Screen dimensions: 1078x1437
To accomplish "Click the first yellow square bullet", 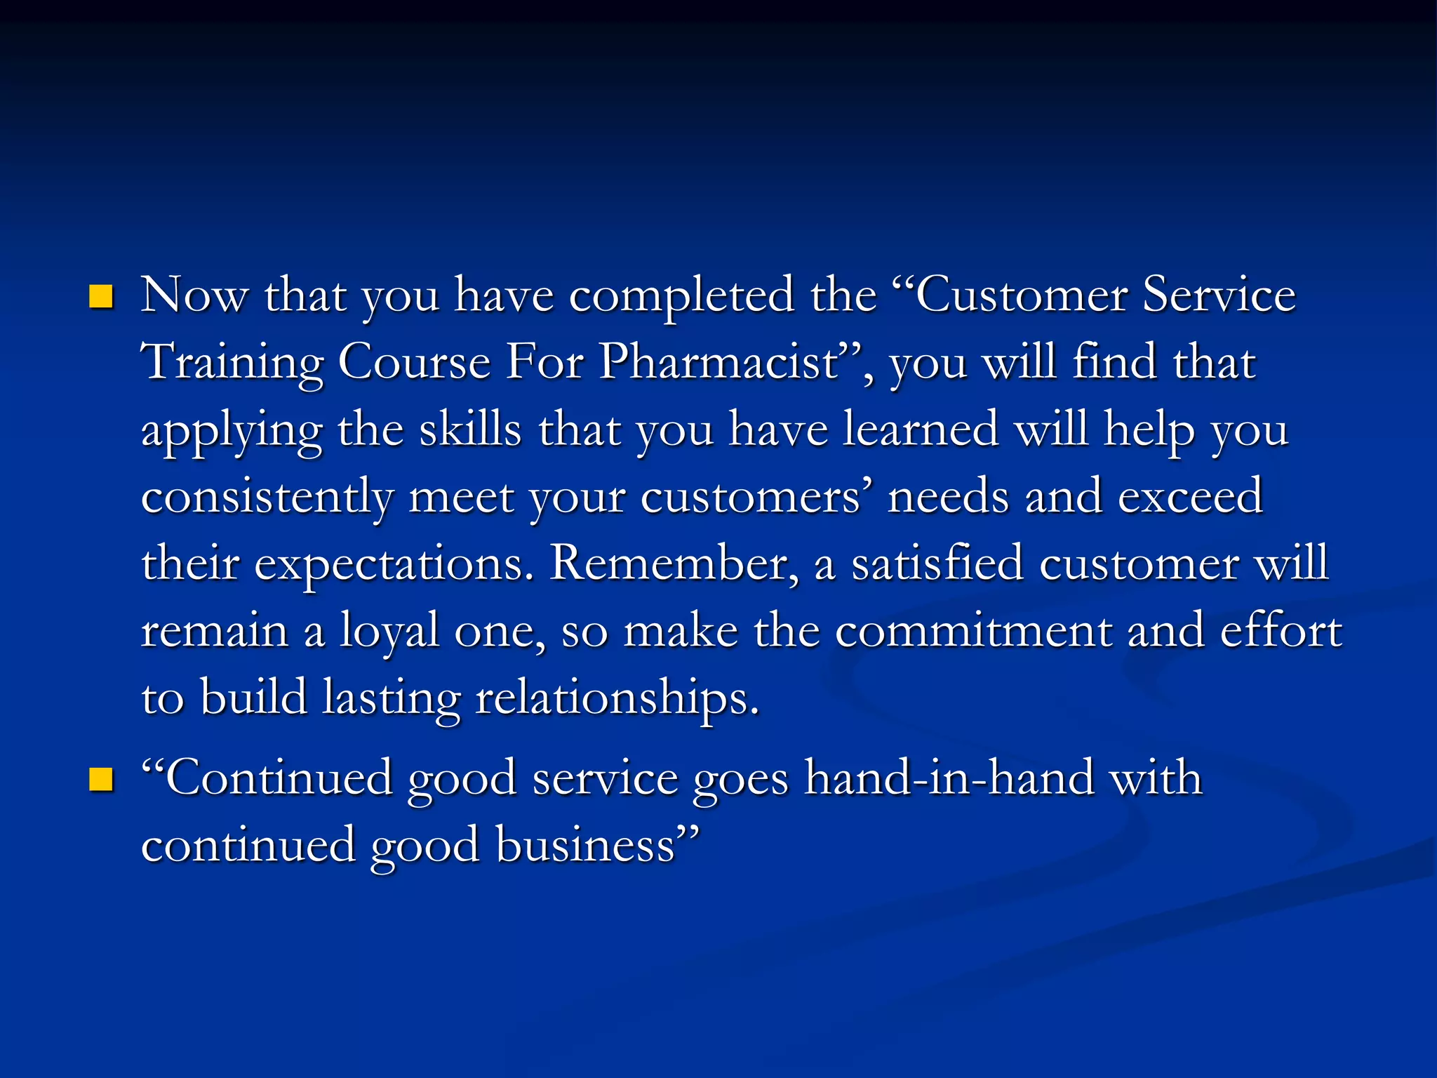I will pos(102,297).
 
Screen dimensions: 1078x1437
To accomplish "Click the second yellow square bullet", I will pos(102,780).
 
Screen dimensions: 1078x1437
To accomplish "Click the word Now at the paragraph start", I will pos(194,295).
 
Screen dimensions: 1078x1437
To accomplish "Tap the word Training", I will pos(232,364).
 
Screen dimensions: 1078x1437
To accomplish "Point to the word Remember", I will pos(674,563).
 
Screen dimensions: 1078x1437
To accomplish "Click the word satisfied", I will pos(937,563).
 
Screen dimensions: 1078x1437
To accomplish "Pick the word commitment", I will pos(973,630).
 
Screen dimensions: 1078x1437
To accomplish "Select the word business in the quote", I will pos(585,845).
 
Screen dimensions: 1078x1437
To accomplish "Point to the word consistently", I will pos(267,497).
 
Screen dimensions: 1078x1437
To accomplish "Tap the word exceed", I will pos(1190,497).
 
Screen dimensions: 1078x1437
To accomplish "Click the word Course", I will pos(414,362).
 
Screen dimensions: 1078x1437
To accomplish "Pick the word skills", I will pos(470,430).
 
